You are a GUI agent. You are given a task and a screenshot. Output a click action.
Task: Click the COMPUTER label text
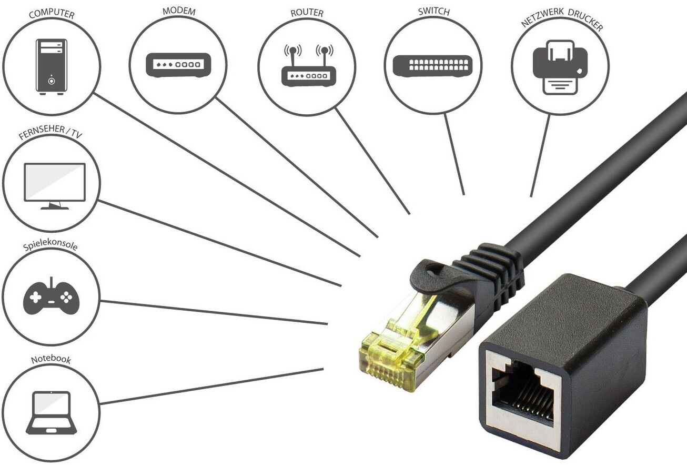point(51,13)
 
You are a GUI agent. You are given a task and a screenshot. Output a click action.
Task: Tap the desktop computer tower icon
point(51,67)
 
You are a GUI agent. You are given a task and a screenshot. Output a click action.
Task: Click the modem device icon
point(178,65)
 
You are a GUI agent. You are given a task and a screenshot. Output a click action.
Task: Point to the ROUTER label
point(307,12)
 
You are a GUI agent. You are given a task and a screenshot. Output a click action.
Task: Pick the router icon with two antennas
point(308,67)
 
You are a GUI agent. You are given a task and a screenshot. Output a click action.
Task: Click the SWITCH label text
point(433,11)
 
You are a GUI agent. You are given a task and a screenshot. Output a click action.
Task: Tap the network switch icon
point(436,65)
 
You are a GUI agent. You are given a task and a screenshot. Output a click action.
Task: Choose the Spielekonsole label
point(50,246)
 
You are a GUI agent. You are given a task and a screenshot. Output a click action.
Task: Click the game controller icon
point(51,297)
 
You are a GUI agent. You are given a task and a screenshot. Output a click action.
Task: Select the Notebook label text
point(50,360)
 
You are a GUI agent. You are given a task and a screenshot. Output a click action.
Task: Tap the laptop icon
point(51,412)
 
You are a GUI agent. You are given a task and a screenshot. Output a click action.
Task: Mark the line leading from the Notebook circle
point(210,387)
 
